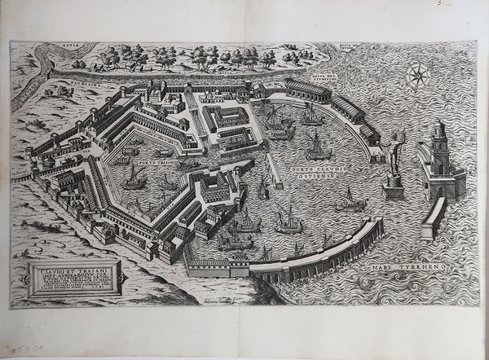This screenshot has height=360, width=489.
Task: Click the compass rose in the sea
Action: coord(418,77)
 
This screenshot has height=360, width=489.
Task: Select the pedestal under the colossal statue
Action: coord(394,189)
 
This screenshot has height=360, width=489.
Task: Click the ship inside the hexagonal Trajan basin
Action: coord(134,177)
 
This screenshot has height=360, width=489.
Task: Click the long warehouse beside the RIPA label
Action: coord(308,89)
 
